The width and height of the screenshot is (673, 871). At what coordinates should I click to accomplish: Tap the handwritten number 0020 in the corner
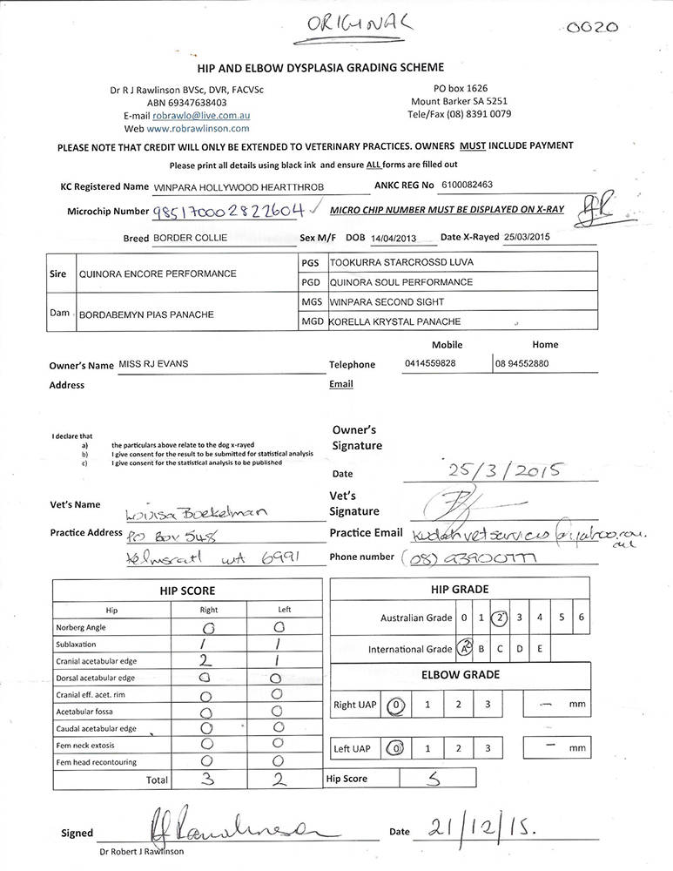point(591,27)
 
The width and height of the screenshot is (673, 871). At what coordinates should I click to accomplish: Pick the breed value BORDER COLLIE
point(190,237)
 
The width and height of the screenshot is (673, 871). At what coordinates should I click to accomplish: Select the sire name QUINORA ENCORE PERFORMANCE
point(158,273)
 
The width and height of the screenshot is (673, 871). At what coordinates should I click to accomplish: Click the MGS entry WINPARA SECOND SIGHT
point(387,302)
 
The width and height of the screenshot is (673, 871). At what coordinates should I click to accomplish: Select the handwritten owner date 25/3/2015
point(506,471)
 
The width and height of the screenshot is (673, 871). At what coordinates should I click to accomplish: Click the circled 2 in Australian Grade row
point(499,618)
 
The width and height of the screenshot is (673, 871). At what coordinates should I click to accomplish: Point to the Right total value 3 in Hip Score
point(208,780)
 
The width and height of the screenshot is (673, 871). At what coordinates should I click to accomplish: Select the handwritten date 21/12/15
point(481,829)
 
